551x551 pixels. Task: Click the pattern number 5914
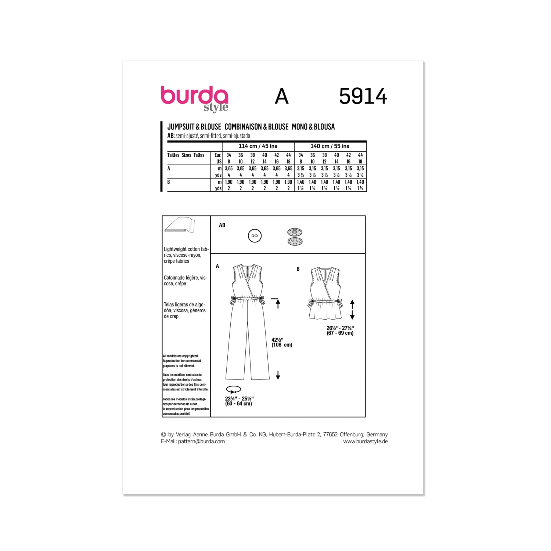[363, 96]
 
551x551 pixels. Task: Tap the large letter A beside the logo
[282, 96]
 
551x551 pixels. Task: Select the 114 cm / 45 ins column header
[258, 146]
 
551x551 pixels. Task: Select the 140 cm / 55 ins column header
[330, 146]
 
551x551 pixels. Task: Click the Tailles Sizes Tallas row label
[186, 155]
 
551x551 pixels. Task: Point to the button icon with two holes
[255, 236]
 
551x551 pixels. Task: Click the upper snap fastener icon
[295, 232]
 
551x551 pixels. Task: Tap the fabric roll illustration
[180, 225]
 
